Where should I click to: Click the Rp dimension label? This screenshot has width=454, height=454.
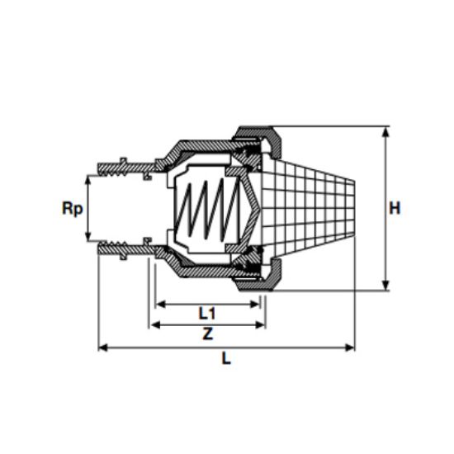pyautogui.click(x=73, y=208)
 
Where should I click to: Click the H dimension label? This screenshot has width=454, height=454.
pyautogui.click(x=395, y=208)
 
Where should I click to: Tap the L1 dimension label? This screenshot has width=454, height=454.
pyautogui.click(x=206, y=313)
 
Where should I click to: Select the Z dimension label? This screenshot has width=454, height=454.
pyautogui.click(x=207, y=333)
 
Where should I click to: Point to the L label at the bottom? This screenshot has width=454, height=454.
pyautogui.click(x=226, y=358)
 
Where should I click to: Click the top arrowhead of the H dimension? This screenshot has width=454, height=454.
pyautogui.click(x=385, y=132)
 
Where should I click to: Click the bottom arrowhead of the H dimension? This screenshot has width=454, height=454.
pyautogui.click(x=385, y=286)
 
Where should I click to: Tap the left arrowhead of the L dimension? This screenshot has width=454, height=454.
pyautogui.click(x=103, y=348)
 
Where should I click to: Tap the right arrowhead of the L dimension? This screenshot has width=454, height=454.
pyautogui.click(x=350, y=348)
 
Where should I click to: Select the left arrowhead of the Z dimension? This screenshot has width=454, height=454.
pyautogui.click(x=156, y=325)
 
